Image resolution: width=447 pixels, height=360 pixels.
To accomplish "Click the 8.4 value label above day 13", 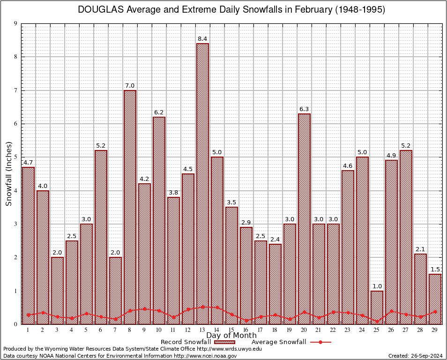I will pyautogui.click(x=202, y=38).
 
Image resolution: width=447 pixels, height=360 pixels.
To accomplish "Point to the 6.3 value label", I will pyautogui.click(x=304, y=109).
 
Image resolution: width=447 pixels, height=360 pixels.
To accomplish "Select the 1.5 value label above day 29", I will pyautogui.click(x=435, y=270).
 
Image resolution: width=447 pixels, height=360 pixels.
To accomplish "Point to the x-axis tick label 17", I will pyautogui.click(x=261, y=330).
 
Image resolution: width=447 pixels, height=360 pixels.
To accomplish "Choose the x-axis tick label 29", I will pyautogui.click(x=435, y=330).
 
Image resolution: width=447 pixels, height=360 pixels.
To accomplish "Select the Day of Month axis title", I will pyautogui.click(x=231, y=336).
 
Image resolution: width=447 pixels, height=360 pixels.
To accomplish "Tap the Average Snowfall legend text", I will pyautogui.click(x=278, y=342).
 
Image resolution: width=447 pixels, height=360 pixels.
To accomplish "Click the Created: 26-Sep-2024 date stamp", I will pyautogui.click(x=416, y=356).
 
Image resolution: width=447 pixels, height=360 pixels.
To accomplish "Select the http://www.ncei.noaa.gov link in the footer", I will pyautogui.click(x=205, y=356).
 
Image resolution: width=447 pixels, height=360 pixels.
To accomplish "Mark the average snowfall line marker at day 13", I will pyautogui.click(x=202, y=307).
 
